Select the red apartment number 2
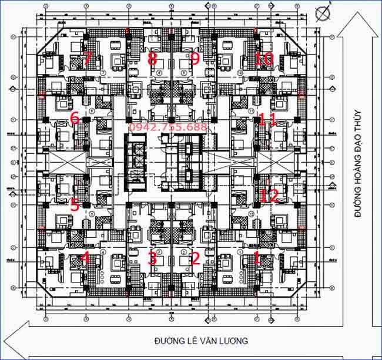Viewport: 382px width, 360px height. [x=196, y=258]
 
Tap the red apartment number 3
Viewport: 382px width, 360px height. [x=152, y=258]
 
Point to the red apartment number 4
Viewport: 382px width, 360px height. [x=85, y=258]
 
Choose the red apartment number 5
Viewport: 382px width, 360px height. [x=74, y=205]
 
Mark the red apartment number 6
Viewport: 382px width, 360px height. [x=74, y=118]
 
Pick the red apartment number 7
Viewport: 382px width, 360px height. [x=87, y=58]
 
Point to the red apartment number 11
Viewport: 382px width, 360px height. [x=267, y=119]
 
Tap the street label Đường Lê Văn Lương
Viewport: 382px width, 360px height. [x=201, y=341]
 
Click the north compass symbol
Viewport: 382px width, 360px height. [x=322, y=12]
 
